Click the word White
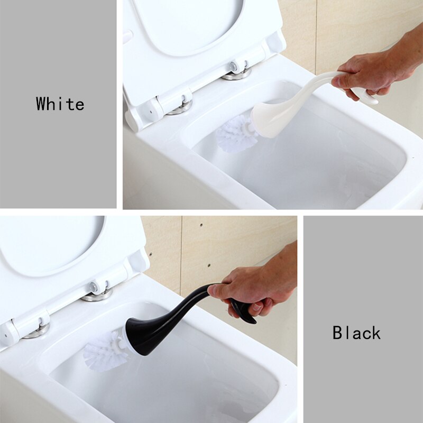[x=60, y=104]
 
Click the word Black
[x=356, y=333]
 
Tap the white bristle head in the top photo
[x=235, y=133]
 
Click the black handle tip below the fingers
[x=244, y=312]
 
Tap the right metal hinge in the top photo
[x=236, y=72]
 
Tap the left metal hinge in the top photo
[x=181, y=106]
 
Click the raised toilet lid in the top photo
[x=196, y=37]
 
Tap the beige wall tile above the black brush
[x=222, y=243]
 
